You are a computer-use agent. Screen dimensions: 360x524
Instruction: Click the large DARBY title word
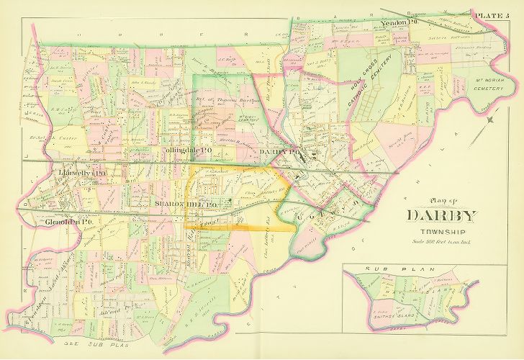pos(441,215)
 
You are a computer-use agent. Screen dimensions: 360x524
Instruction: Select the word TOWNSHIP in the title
pos(441,231)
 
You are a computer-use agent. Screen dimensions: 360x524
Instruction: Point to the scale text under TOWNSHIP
pos(441,241)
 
